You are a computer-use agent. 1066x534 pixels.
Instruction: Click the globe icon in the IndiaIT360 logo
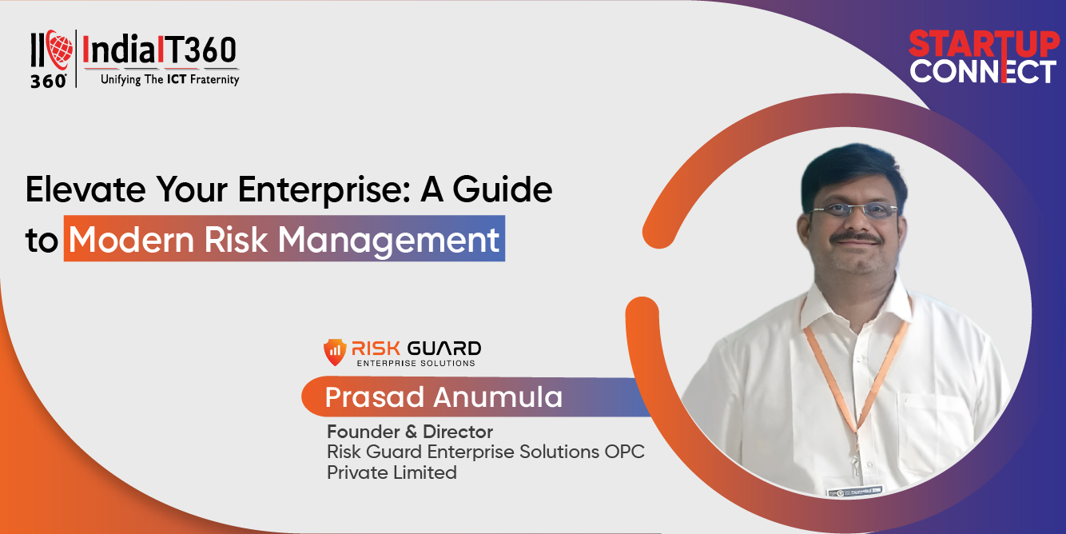tap(60, 50)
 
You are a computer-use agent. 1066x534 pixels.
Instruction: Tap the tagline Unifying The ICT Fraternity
tap(170, 79)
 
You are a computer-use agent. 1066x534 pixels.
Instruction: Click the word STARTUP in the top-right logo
tap(984, 45)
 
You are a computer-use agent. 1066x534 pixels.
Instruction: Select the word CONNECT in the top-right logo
tap(983, 72)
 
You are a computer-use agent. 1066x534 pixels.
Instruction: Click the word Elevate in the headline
tap(86, 189)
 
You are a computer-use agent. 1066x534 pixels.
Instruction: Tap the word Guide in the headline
tap(502, 189)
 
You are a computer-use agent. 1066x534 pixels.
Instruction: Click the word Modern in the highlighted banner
tap(132, 239)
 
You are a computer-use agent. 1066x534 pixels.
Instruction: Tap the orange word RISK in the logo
tap(376, 349)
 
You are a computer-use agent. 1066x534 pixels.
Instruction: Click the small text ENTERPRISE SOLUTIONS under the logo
tap(416, 363)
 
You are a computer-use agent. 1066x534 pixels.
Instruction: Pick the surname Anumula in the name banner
tap(498, 397)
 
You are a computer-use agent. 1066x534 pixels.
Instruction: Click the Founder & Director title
tap(410, 432)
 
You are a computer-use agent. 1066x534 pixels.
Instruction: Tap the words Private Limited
tap(392, 472)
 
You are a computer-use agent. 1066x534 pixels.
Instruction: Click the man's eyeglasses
tap(853, 210)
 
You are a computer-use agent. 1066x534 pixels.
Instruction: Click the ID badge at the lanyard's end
tap(855, 491)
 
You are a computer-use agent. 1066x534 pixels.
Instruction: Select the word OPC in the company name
tap(624, 452)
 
